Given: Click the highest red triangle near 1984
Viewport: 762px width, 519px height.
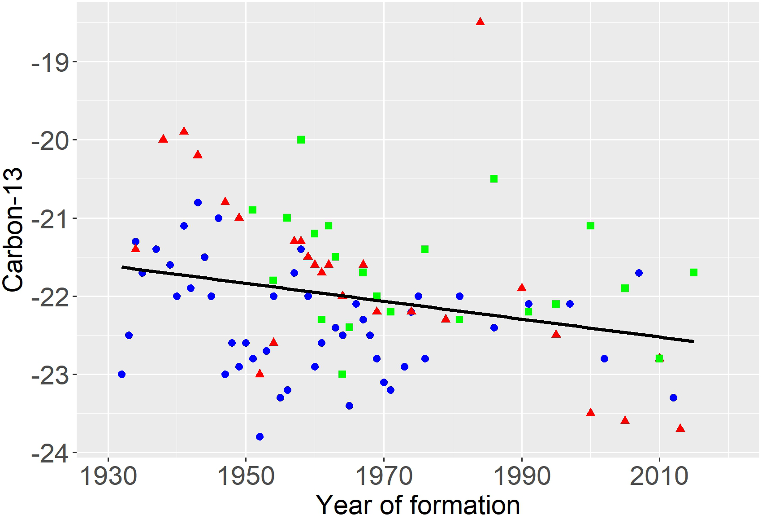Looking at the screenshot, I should pos(480,22).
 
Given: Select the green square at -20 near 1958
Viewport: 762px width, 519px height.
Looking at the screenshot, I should pos(301,140).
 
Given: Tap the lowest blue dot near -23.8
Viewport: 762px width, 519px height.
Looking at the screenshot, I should pos(260,436).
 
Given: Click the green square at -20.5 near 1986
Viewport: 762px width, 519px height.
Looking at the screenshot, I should pos(494,179).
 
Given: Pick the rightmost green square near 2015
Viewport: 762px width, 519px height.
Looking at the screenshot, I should pos(694,272).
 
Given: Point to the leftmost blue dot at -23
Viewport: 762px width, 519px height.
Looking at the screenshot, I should pos(121,374).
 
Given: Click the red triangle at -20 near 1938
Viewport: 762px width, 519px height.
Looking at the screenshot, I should pos(163,139).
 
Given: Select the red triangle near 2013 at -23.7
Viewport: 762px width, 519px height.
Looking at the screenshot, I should pos(680,428).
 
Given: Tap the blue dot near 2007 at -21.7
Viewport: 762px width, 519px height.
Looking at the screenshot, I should pos(639,273).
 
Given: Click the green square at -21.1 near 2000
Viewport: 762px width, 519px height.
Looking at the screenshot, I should pos(590,226).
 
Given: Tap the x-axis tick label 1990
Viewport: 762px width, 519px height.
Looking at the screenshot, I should pos(522,476).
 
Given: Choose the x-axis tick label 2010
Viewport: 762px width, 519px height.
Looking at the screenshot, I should pos(659,476).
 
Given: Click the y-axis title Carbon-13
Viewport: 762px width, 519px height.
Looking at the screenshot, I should pos(13,230).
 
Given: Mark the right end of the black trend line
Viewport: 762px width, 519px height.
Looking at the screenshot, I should pos(693,341).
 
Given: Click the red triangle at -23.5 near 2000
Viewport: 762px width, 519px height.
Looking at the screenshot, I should pos(590,413).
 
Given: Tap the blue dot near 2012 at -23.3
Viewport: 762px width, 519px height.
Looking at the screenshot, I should pos(673,397).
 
